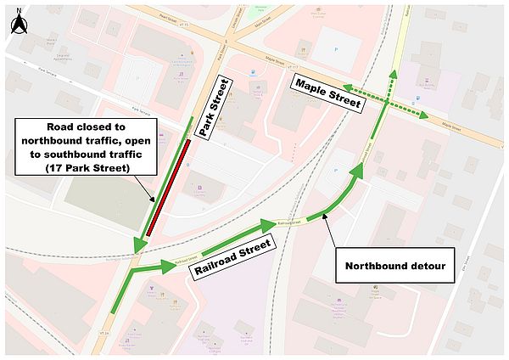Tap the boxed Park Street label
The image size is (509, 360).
tap(215, 107)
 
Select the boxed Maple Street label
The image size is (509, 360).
tap(327, 93)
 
